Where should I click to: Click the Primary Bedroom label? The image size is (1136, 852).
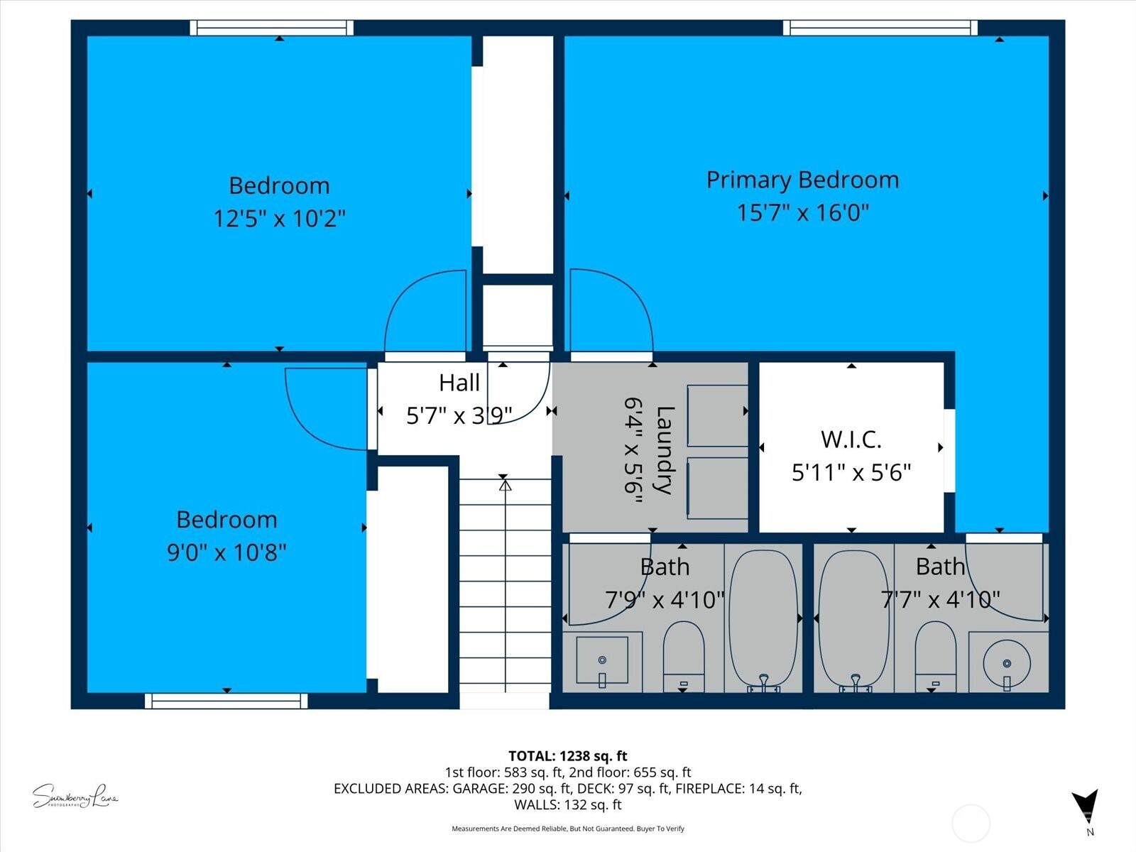tap(802, 180)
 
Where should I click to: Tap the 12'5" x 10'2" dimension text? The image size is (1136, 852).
tap(279, 218)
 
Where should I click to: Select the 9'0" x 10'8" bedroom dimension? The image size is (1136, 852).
tap(226, 552)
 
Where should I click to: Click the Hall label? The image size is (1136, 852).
tap(459, 383)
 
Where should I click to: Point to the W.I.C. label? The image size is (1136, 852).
tap(851, 439)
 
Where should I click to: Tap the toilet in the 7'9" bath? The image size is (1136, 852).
tap(683, 653)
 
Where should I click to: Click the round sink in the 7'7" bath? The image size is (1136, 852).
tap(1007, 662)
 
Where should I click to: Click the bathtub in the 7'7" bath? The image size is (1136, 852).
tap(853, 618)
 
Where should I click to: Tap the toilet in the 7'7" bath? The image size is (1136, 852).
tap(935, 653)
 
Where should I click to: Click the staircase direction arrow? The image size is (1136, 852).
tap(505, 486)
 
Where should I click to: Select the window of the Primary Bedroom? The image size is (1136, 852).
tap(880, 28)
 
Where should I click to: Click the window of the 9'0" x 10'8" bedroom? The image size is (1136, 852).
tap(226, 701)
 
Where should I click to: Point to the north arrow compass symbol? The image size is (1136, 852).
tap(1086, 807)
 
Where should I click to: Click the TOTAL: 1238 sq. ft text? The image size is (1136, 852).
tap(567, 756)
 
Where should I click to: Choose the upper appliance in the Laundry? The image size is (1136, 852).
tap(717, 415)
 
